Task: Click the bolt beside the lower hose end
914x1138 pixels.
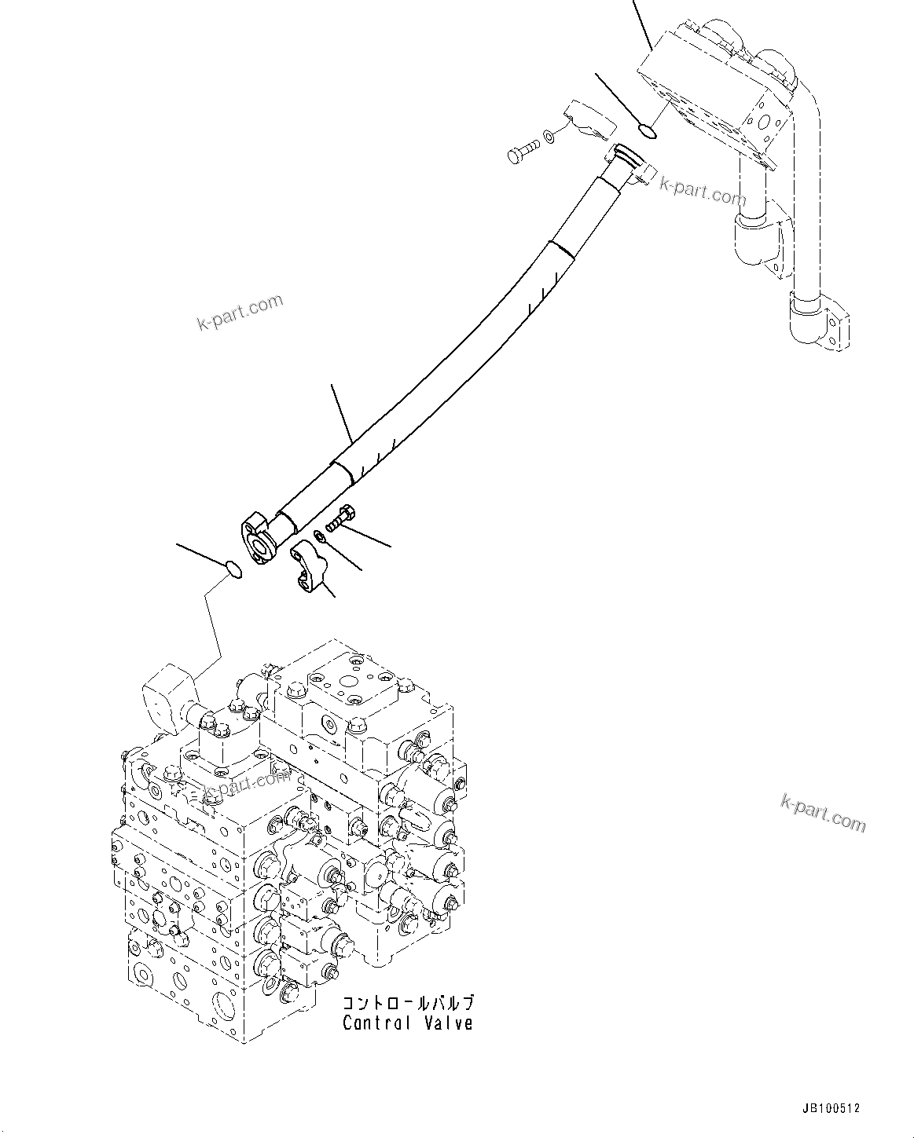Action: [340, 519]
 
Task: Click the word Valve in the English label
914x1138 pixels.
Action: [448, 1023]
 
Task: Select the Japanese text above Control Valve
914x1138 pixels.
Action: [407, 1004]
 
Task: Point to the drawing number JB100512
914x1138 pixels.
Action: [831, 1109]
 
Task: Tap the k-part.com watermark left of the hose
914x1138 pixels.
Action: [240, 313]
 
